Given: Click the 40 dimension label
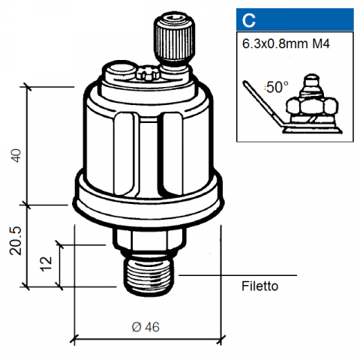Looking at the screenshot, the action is coord(16,155).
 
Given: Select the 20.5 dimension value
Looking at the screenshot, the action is coord(16,241).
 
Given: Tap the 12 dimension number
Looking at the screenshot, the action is coord(46,264).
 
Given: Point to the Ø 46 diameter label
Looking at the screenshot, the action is coord(145,327).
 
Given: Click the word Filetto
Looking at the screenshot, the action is coord(259,286).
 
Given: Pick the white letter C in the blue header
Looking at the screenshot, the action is coord(248,20).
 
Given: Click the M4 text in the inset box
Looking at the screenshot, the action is coord(321,43).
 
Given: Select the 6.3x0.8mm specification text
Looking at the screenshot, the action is coord(275,43).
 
